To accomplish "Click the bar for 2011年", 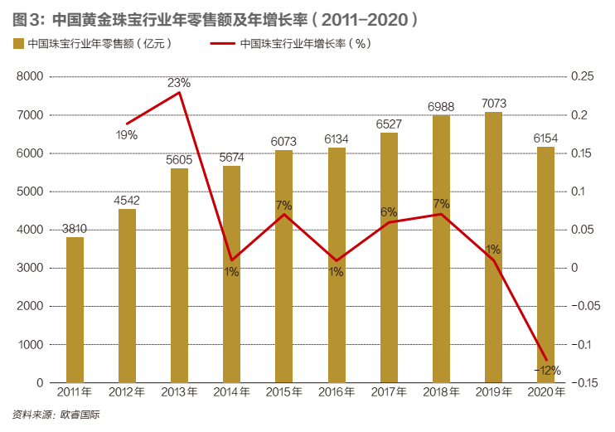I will (75, 309).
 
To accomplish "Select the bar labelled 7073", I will (493, 247).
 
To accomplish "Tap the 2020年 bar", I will (545, 265).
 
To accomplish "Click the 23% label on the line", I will (179, 83).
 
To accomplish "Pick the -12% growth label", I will (547, 370).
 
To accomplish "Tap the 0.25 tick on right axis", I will (583, 77).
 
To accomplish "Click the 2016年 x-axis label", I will (337, 392).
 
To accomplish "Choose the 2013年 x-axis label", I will (179, 392).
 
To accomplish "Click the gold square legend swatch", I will (17, 44).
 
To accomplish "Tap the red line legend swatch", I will (221, 44).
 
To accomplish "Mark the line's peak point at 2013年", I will (180, 92).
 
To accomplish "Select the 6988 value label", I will (441, 106).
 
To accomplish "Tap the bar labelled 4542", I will (127, 295).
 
